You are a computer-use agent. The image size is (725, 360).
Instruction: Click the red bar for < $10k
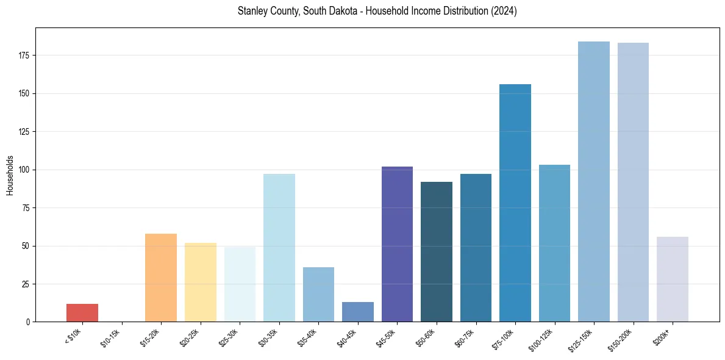(82, 312)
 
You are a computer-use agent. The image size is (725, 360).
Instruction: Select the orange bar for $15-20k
(161, 278)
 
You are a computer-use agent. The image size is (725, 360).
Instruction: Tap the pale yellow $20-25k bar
(200, 282)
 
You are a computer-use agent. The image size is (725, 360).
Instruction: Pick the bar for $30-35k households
(279, 248)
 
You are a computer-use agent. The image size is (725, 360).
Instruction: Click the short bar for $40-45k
(358, 312)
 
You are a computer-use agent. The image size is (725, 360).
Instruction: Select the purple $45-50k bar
(397, 244)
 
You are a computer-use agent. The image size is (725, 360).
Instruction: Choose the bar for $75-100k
(515, 203)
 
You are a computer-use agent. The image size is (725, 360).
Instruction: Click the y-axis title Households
(10, 175)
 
